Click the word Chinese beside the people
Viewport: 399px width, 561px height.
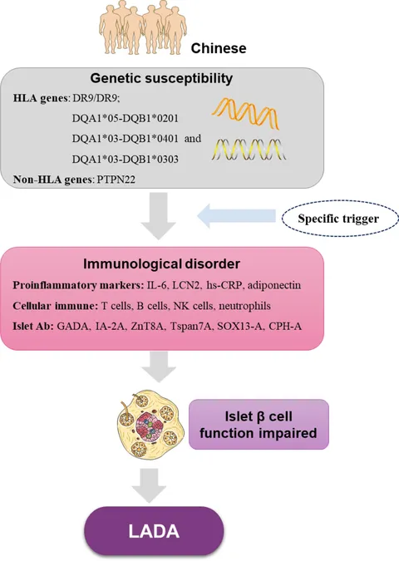tap(219, 48)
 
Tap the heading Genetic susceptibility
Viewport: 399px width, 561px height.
tap(161, 78)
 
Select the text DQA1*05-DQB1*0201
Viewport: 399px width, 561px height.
tap(126, 118)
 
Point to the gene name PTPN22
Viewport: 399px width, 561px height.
tap(116, 180)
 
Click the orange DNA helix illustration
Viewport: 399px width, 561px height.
tap(246, 113)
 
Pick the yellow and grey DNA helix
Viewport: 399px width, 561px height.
tap(249, 150)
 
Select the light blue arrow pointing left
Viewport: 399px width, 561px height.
tap(237, 216)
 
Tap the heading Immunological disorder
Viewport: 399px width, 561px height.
tap(161, 263)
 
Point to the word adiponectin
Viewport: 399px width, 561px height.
tap(274, 285)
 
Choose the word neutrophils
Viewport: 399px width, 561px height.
tap(244, 306)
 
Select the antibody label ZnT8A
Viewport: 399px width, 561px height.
tap(147, 327)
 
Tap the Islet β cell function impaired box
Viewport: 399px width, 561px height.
tap(259, 425)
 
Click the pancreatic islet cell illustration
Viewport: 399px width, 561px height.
tap(150, 425)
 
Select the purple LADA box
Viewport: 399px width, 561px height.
tap(154, 531)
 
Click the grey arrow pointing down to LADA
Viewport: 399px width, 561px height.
tap(149, 485)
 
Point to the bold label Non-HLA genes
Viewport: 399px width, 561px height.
tap(53, 180)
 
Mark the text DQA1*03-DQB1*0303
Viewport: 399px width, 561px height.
tap(126, 159)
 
